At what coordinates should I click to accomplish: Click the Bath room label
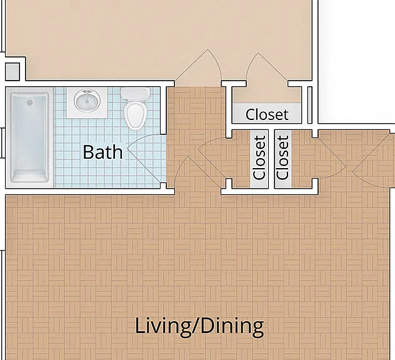pos(102,152)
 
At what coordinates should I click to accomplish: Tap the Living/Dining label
pos(199,326)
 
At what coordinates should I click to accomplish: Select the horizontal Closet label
pos(267,114)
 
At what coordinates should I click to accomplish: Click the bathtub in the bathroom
pos(29,137)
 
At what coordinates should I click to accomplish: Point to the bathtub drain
pos(30,102)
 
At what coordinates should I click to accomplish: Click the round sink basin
pos(87,101)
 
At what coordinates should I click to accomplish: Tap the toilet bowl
pos(136,116)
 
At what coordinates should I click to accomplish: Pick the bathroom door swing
pos(147,158)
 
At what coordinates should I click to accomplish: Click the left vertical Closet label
pos(259,157)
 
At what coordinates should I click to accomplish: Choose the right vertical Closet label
pos(282,157)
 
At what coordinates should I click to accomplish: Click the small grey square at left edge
pos(12,72)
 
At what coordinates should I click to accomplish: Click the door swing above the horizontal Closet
pos(266,67)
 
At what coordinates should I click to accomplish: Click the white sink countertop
pos(87,102)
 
